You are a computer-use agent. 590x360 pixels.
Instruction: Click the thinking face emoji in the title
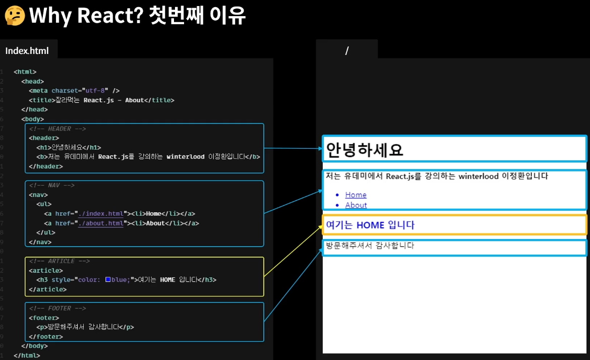(x=15, y=15)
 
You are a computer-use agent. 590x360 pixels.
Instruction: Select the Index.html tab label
(x=27, y=51)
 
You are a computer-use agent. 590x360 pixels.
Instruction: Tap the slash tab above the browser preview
(x=347, y=50)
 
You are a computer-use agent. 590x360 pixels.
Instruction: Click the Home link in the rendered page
(x=356, y=195)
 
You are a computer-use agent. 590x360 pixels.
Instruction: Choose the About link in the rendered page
(x=356, y=205)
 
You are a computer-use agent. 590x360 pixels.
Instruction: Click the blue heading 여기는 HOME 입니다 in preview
(x=370, y=225)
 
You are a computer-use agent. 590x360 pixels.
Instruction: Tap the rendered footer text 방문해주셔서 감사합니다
(x=370, y=246)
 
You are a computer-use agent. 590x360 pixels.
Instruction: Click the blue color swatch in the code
(x=108, y=279)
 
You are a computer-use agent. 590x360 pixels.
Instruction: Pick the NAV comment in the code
(x=52, y=185)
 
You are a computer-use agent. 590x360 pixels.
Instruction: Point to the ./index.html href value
(x=100, y=214)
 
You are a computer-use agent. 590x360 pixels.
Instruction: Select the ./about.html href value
(x=100, y=223)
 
